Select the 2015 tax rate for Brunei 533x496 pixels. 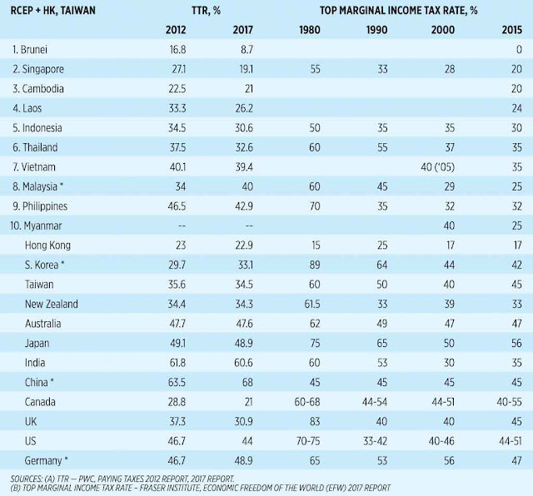click(x=517, y=51)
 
